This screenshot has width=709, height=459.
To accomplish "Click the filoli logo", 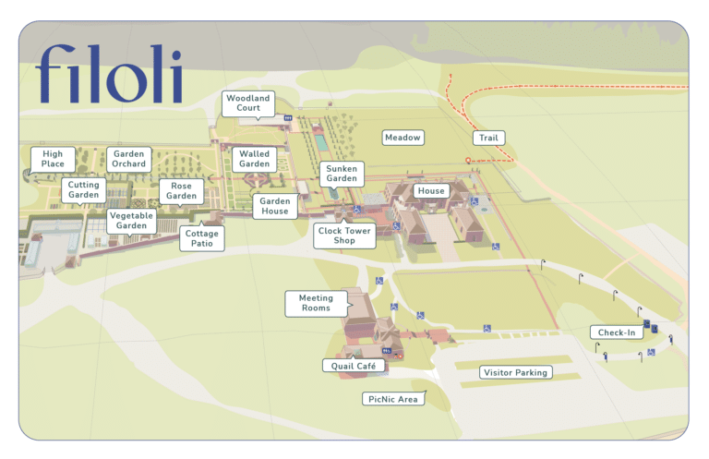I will coord(109,73).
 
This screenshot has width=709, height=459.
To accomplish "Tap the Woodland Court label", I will coord(248,103).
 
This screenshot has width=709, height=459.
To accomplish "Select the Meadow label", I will coord(403,138).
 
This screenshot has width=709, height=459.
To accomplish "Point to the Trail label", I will coord(488,138).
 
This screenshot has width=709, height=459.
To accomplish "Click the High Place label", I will coord(53,159).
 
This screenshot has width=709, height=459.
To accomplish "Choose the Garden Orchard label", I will coord(129,159).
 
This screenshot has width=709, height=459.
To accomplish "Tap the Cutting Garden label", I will coord(84,190).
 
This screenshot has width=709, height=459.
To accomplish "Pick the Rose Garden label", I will coord(182,190).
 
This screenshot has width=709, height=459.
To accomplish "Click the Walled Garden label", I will coord(254,159).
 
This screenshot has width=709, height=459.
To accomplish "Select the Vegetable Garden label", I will coord(132,221).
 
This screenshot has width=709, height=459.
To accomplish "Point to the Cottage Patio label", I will coord(201,238).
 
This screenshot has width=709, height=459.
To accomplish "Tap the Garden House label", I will coord(275,206).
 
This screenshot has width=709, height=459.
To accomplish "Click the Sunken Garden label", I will coord(342,175).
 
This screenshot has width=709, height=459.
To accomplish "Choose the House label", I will coord(431,191).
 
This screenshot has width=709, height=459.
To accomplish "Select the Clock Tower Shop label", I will coord(344,236).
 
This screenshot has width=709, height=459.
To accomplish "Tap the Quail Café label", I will coord(354,366).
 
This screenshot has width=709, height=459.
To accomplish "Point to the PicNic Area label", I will coord(394,399).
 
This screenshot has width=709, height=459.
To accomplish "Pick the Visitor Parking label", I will coord(516,373).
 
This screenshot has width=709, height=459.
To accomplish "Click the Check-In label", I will coord(616,332).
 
